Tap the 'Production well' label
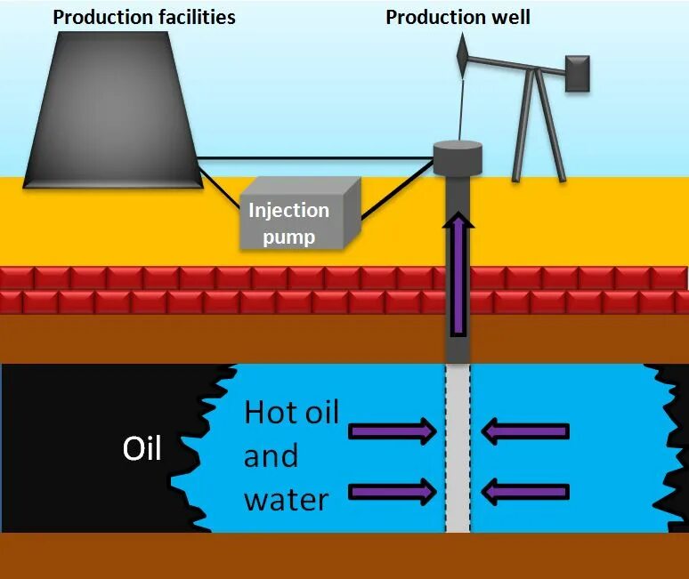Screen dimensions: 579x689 click(458, 17)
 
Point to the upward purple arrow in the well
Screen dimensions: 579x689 click(458, 276)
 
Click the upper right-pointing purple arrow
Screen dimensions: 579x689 click(392, 432)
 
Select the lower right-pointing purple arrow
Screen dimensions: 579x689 click(392, 491)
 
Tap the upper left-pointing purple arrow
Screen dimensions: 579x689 click(525, 432)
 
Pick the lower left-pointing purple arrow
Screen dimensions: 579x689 click(525, 491)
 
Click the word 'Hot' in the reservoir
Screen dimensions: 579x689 click(271, 414)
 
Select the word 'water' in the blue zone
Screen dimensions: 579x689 click(286, 499)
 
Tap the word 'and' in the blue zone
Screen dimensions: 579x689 click(271, 456)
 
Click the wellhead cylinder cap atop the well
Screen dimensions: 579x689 click(458, 158)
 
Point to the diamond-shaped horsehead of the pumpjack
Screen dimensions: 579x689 click(462, 55)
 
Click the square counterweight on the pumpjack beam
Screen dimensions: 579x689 click(577, 72)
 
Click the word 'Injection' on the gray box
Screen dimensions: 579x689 click(288, 211)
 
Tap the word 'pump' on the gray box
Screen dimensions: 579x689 click(288, 237)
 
